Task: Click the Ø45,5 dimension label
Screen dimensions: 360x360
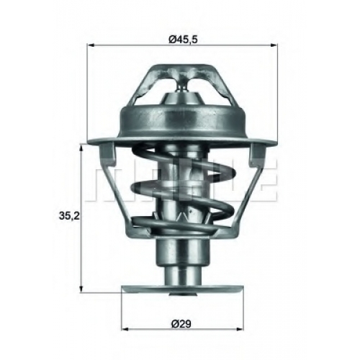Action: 183,39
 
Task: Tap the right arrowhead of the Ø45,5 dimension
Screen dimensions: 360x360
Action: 274,45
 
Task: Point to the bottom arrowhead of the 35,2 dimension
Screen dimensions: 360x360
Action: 81,289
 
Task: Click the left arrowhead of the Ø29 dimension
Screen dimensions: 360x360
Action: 125,329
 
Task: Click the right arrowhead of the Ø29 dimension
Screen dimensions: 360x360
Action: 240,329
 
